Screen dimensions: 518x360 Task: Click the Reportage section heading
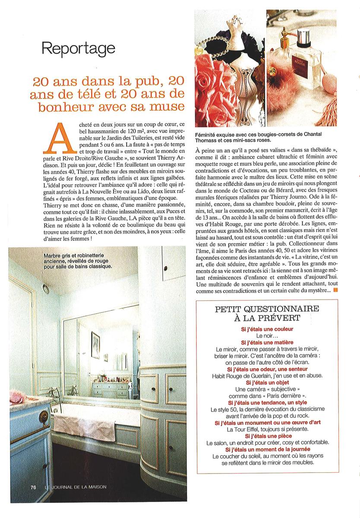[78, 49]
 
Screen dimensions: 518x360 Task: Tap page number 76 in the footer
[33, 487]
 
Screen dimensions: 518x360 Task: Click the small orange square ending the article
[336, 290]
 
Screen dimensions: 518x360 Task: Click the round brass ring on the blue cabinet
[44, 416]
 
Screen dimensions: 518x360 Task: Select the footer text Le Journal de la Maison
[76, 487]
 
